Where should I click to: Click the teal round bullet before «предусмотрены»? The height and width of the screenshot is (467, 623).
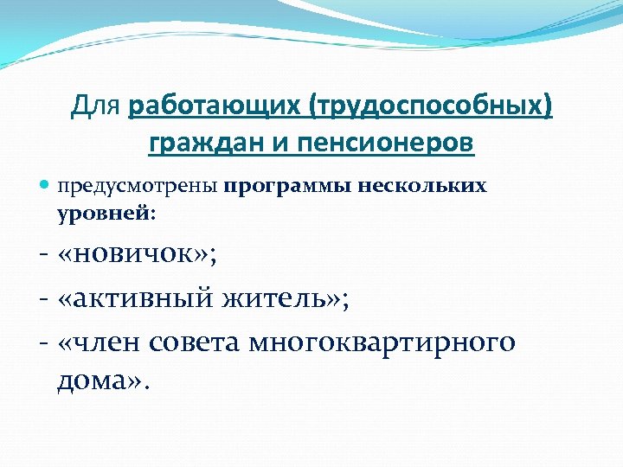coord(44,187)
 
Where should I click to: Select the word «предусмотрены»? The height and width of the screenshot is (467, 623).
coord(137,187)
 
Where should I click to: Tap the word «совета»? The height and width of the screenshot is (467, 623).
coord(197,342)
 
